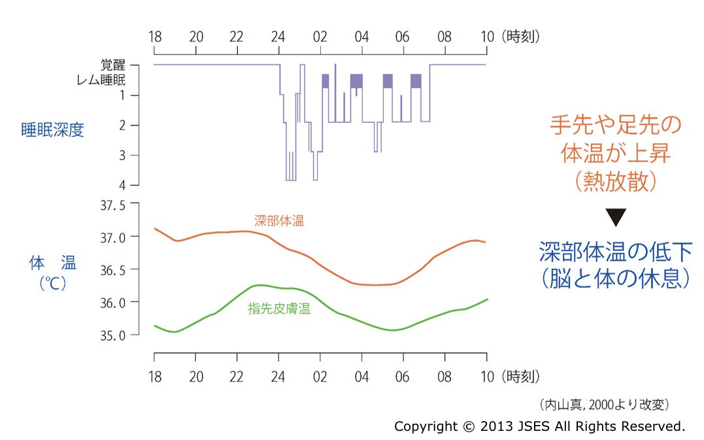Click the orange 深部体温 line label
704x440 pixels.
coord(279,221)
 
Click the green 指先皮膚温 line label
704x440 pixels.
coord(279,309)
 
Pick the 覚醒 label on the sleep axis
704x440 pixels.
coord(111,65)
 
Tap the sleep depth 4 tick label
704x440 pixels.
coord(125,186)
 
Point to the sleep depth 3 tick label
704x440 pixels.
coord(125,156)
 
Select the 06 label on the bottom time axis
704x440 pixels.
coord(403,377)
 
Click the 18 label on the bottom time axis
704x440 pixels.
coord(155,377)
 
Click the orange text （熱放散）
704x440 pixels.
coord(615,182)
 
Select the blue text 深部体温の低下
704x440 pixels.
coord(615,251)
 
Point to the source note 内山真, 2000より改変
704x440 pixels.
coord(605,404)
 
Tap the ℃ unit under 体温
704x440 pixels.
coord(53,285)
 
